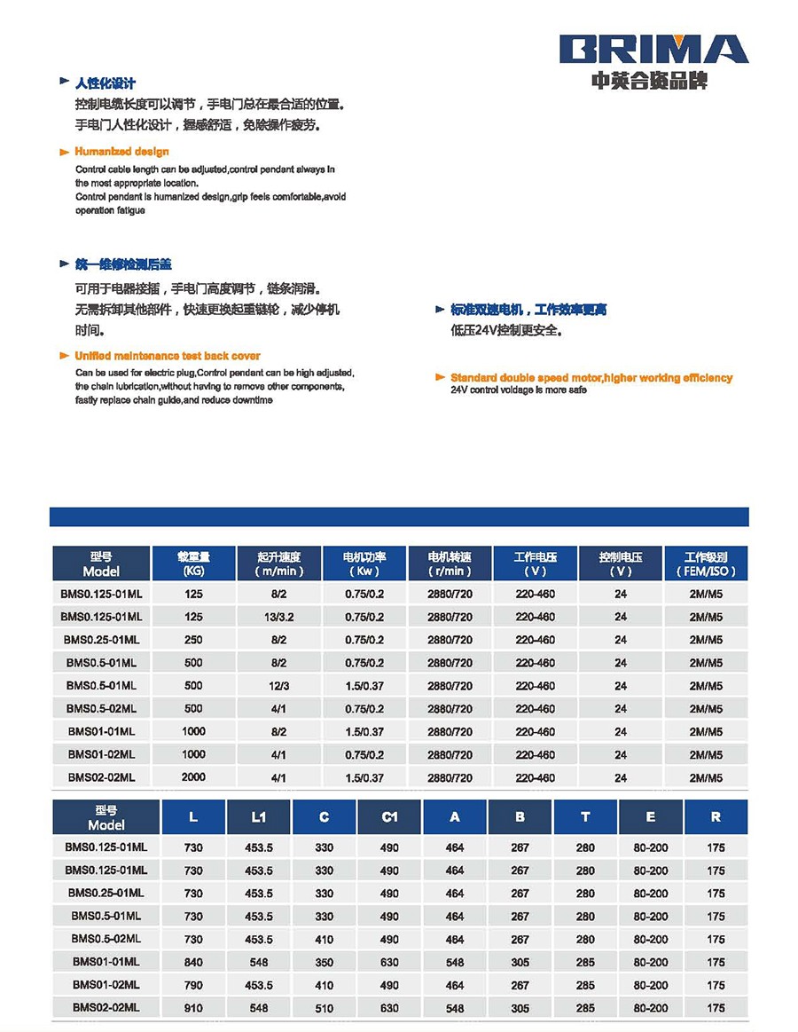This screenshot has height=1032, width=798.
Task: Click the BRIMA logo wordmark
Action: (654, 49)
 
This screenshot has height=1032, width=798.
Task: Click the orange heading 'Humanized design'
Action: (121, 152)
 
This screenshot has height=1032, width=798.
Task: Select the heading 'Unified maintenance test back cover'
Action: (168, 356)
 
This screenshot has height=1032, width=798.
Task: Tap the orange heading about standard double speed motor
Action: (591, 378)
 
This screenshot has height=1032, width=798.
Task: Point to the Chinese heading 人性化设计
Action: (106, 83)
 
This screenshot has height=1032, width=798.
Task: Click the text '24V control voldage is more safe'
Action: (518, 390)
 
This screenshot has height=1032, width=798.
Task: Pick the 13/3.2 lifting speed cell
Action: (278, 617)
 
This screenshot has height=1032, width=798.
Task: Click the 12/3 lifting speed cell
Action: (278, 686)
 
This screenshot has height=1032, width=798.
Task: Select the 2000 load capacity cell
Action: (193, 777)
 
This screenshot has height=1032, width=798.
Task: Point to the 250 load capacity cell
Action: (193, 640)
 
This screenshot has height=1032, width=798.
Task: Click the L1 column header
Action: (258, 817)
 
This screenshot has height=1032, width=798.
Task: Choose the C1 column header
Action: (389, 817)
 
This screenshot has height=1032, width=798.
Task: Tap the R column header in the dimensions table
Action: (716, 817)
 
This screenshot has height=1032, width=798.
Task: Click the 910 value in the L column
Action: (193, 1008)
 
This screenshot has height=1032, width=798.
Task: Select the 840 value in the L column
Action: (193, 962)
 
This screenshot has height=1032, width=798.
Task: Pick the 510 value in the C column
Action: (325, 1008)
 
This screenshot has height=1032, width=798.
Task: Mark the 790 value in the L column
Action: (193, 985)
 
